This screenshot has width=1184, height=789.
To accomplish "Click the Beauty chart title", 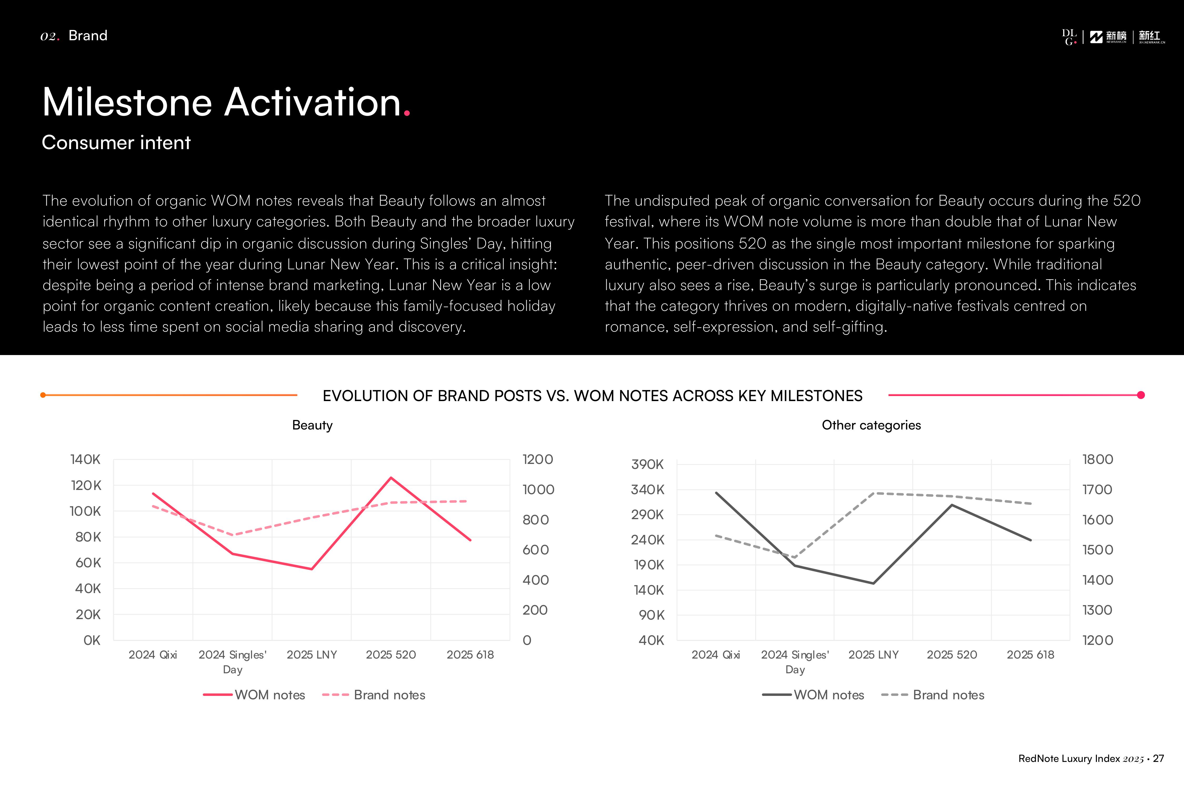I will coord(312,425).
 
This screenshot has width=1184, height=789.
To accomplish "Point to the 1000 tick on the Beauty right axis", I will coord(538,490).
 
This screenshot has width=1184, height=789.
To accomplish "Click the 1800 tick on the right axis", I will coord(1097,459).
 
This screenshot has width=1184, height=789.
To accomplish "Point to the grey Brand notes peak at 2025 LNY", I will coord(875,493).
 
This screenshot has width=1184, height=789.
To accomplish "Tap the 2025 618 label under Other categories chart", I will coord(1030,655).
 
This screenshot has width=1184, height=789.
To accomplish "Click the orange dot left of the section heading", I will coord(43,395).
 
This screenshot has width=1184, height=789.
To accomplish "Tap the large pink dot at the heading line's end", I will coord(1141,395).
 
